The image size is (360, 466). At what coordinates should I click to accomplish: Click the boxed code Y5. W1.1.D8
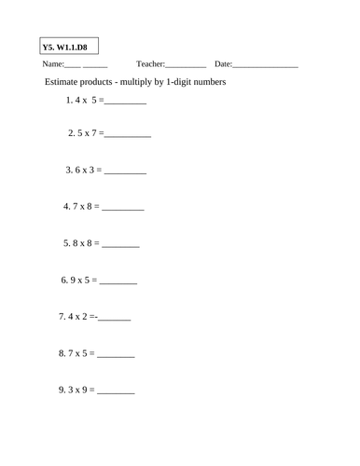click(71, 46)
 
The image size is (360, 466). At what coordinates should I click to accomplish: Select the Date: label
click(223, 64)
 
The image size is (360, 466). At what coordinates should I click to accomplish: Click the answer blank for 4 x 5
click(128, 103)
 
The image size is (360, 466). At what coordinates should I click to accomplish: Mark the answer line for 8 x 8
click(120, 245)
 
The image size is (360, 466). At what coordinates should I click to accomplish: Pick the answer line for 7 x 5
click(117, 356)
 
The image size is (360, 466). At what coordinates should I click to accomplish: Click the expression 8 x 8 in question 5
click(83, 243)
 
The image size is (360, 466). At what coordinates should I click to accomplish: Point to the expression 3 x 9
click(79, 390)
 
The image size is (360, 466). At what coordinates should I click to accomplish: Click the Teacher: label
click(150, 64)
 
